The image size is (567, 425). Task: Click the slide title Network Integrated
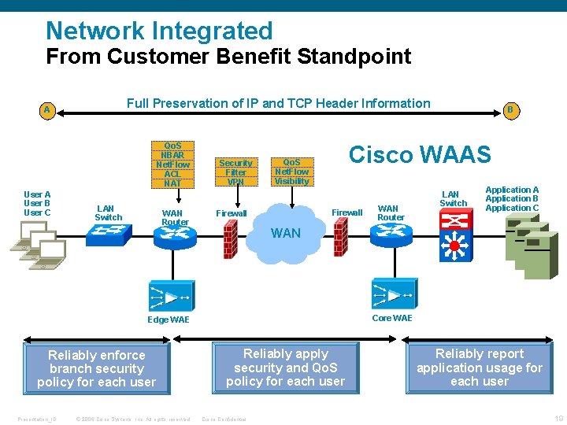pos(159,31)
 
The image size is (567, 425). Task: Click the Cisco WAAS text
pos(420,154)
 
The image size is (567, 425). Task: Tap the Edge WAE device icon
pos(169,295)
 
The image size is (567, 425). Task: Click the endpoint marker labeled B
pos(510,110)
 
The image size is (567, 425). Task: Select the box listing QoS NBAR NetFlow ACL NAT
pos(172,164)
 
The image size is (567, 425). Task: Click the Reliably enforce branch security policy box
pos(97,368)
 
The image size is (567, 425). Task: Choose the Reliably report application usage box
pos(479,368)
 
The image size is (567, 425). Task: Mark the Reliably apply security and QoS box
pos(285,368)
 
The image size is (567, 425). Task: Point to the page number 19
pos(558,418)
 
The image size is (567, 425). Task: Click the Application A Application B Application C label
pos(512,199)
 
